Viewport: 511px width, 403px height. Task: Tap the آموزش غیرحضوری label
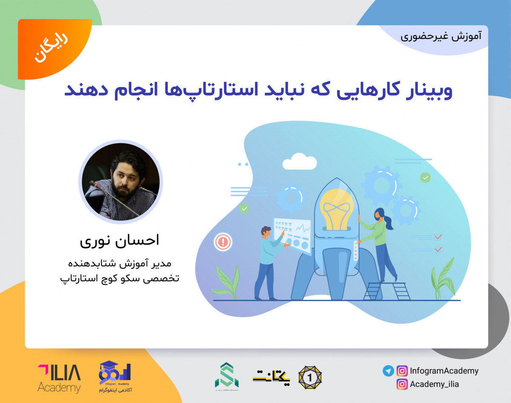(x=441, y=36)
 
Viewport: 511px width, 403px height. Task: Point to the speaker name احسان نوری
(x=120, y=240)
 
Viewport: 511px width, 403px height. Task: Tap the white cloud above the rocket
(x=299, y=162)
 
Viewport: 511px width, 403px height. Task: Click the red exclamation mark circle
(x=223, y=242)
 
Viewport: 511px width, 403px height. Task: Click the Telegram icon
(x=388, y=371)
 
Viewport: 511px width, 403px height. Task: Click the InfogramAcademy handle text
(x=444, y=371)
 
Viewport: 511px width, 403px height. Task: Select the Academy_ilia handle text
(x=434, y=384)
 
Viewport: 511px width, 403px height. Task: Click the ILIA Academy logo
(x=59, y=378)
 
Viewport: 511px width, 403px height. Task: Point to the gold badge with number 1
(x=310, y=377)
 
